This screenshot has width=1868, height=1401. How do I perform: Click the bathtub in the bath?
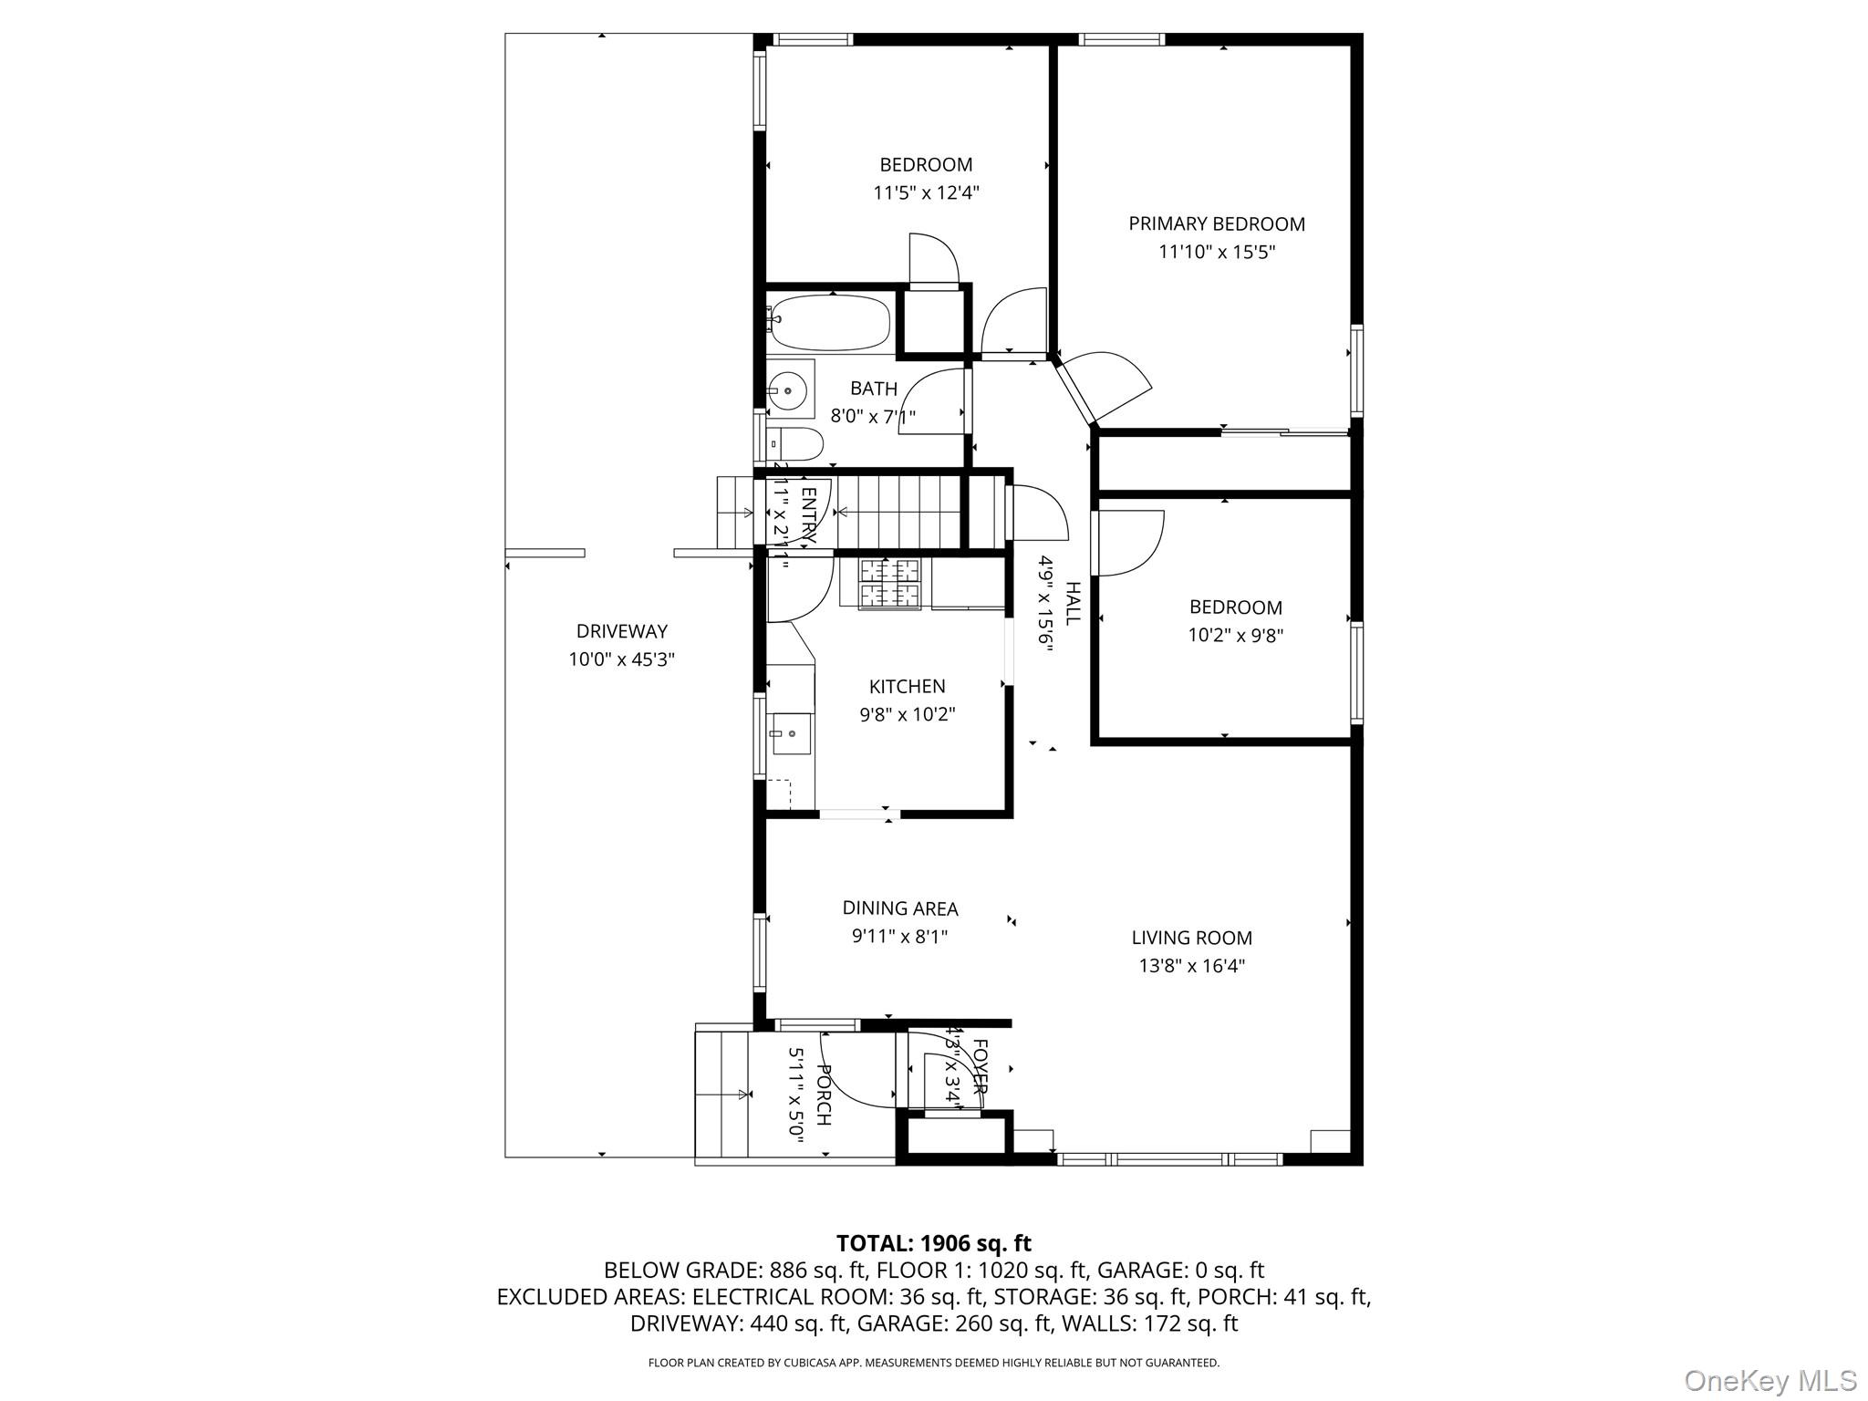tap(829, 324)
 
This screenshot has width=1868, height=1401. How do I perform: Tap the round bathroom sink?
tap(787, 390)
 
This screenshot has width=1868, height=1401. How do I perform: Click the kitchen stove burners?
tap(890, 584)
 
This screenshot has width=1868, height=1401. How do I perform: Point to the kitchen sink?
tap(791, 734)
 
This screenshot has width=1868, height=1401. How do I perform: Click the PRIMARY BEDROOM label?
tap(1216, 223)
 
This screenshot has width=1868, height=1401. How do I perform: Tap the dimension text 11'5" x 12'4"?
tap(926, 192)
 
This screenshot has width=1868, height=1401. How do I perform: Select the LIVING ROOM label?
tap(1191, 938)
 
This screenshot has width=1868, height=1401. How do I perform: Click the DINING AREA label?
tap(899, 908)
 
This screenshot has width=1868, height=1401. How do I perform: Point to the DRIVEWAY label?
tap(621, 631)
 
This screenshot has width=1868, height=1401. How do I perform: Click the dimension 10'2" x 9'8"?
tap(1235, 636)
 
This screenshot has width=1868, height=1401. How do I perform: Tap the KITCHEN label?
tap(907, 687)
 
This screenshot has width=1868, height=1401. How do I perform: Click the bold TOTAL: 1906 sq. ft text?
tap(933, 1243)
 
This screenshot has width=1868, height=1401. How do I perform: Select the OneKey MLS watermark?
tap(1769, 1380)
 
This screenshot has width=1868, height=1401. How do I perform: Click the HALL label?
tap(1072, 603)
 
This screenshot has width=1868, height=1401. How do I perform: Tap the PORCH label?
tap(824, 1095)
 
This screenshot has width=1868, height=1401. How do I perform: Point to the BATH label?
tap(873, 389)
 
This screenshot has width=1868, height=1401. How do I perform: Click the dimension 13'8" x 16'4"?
tap(1191, 966)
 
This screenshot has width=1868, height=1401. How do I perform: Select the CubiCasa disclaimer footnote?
tap(933, 1363)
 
